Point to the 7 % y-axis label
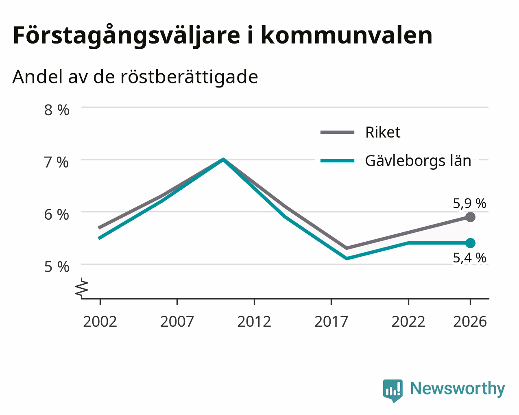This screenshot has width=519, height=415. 57,162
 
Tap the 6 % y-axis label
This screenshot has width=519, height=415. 57,214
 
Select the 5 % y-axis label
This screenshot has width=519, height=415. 57,267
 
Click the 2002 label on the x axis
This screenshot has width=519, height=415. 100,321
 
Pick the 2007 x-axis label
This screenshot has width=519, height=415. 177,321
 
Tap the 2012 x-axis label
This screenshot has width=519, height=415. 254,321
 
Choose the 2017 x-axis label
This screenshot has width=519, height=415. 331,321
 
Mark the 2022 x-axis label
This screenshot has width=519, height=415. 408,321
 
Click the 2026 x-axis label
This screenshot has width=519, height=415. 470,321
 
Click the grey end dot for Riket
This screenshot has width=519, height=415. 470,217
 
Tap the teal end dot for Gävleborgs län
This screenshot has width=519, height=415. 470,243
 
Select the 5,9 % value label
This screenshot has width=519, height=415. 469,203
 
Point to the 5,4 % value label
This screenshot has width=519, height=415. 469,258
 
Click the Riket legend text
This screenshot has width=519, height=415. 383,132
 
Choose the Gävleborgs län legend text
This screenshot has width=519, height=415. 418,161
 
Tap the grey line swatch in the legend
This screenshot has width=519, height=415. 337,132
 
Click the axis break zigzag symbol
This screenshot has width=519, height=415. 81,287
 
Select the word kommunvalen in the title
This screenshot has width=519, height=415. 347,35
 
